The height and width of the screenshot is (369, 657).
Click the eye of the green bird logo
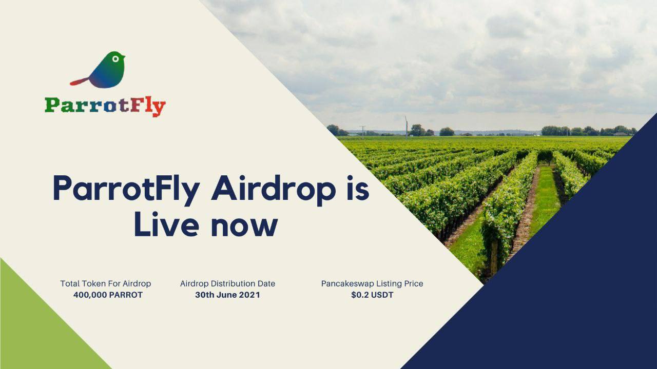(x=115, y=59)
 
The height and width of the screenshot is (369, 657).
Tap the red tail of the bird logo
(x=79, y=81)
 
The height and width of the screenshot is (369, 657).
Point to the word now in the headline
(x=244, y=227)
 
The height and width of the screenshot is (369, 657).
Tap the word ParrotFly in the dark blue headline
(x=126, y=190)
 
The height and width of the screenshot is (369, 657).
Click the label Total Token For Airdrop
(x=106, y=283)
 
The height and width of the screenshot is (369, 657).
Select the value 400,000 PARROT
(x=108, y=295)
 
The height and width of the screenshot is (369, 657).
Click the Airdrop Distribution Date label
(x=227, y=283)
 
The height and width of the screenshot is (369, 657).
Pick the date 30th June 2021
(x=227, y=295)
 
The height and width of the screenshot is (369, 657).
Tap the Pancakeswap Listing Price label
(x=372, y=283)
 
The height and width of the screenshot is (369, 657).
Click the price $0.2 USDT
(x=372, y=295)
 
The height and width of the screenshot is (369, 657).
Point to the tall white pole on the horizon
(x=406, y=128)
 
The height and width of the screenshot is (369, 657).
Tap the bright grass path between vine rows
(x=545, y=199)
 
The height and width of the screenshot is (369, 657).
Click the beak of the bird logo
(x=124, y=56)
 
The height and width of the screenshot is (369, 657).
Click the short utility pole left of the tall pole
(x=363, y=132)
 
